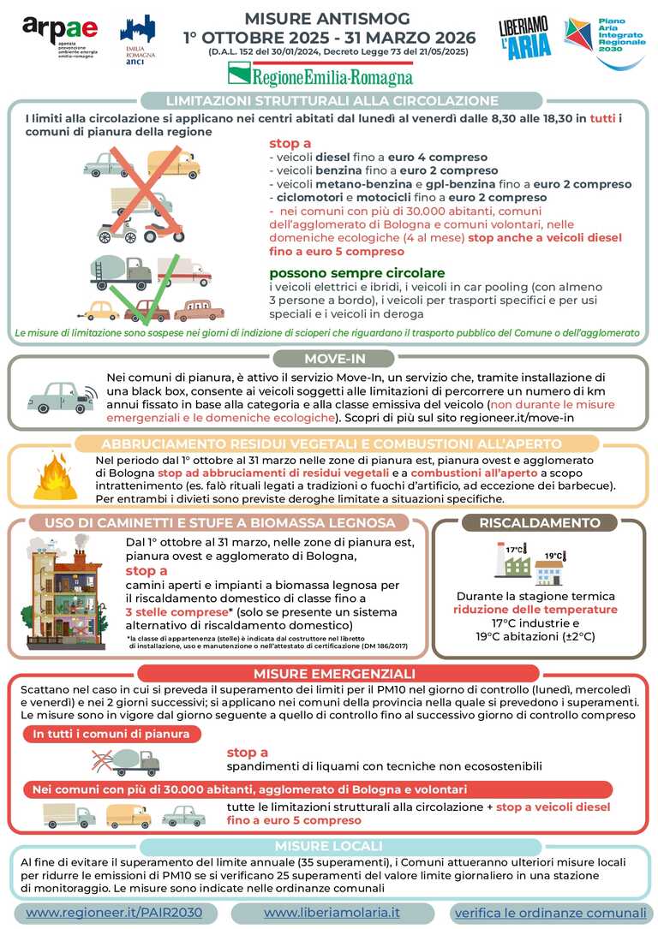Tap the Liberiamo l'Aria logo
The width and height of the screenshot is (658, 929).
[523, 39]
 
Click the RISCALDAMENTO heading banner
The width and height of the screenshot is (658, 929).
[539, 522]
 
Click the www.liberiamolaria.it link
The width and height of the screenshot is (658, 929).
[332, 913]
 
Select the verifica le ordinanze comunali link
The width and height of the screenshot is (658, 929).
[550, 913]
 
